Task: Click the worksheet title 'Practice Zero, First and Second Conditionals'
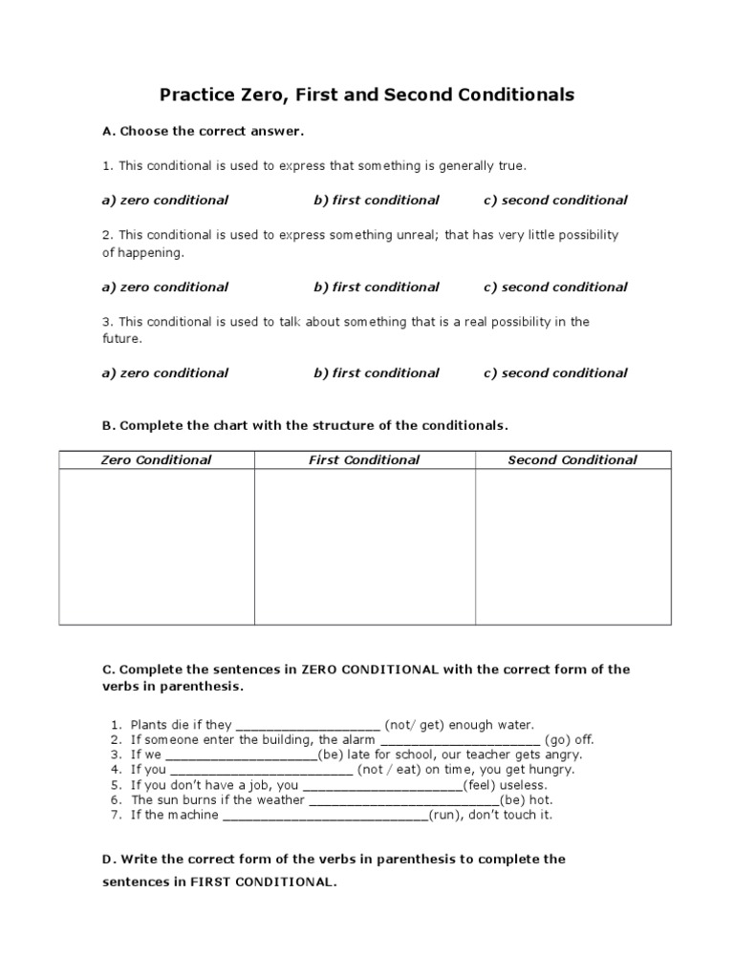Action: click(x=367, y=95)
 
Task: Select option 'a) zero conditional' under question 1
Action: click(x=164, y=201)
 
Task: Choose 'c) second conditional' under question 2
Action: click(x=555, y=287)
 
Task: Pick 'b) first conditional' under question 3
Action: click(x=376, y=373)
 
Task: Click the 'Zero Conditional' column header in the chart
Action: click(x=157, y=460)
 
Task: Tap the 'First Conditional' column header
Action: click(x=364, y=460)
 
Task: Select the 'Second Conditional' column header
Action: click(x=572, y=460)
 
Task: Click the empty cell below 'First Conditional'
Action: click(x=364, y=546)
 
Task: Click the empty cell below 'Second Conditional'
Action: click(x=572, y=546)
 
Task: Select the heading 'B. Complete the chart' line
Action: click(x=305, y=425)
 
